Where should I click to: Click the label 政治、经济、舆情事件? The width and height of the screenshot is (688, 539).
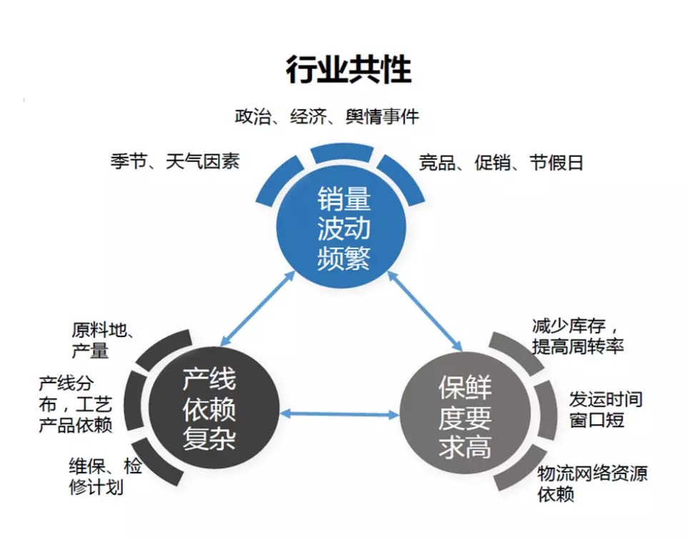(326, 116)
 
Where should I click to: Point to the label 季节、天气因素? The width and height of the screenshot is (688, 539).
(174, 161)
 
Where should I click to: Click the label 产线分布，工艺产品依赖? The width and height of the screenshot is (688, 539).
(75, 405)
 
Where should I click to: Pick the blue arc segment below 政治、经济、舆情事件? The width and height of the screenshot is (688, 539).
(342, 153)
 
